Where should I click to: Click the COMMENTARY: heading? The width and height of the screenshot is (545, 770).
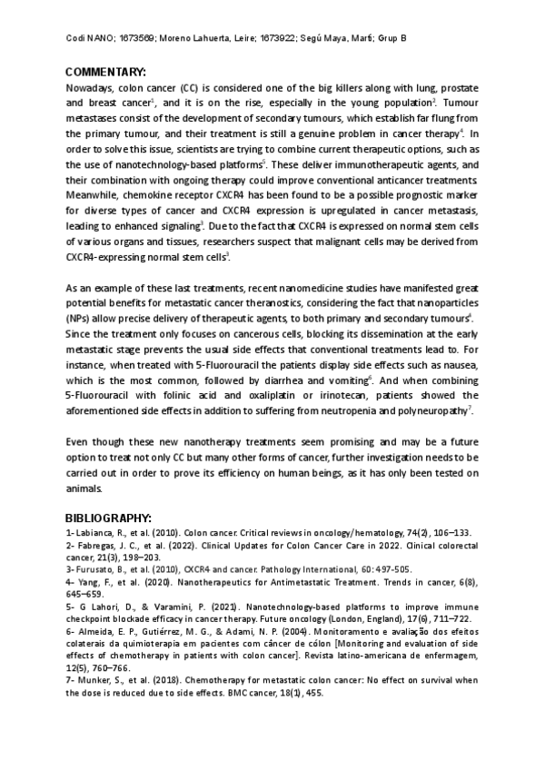(106, 73)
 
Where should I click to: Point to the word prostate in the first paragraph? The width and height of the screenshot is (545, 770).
(459, 89)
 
